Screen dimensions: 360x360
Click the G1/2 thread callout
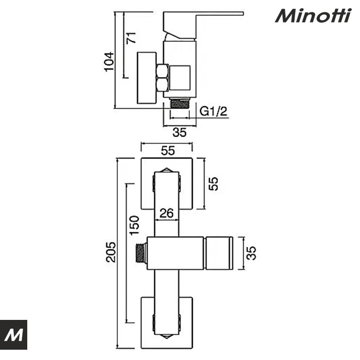pyautogui.click(x=213, y=111)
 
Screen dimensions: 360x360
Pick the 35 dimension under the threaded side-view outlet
pyautogui.click(x=179, y=132)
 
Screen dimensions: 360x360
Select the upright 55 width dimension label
pyautogui.click(x=168, y=151)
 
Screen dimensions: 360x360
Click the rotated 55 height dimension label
pyautogui.click(x=213, y=184)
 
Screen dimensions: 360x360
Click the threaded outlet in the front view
pyautogui.click(x=140, y=253)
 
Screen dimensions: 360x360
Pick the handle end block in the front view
pyautogui.click(x=220, y=253)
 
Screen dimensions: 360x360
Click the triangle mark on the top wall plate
pyautogui.click(x=167, y=170)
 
